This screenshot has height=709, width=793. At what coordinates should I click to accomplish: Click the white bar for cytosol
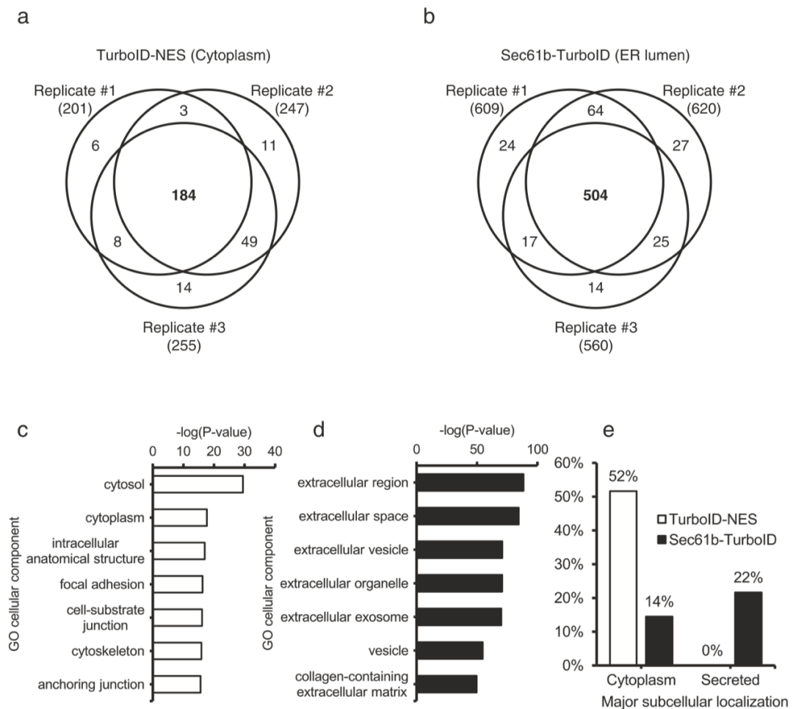click(x=198, y=484)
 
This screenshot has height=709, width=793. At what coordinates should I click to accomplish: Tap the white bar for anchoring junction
click(x=177, y=684)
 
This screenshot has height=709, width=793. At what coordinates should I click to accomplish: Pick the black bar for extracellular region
click(x=471, y=483)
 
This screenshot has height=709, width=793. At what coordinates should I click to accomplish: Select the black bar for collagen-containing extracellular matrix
click(x=447, y=684)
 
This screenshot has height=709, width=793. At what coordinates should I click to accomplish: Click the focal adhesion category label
click(x=107, y=584)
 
